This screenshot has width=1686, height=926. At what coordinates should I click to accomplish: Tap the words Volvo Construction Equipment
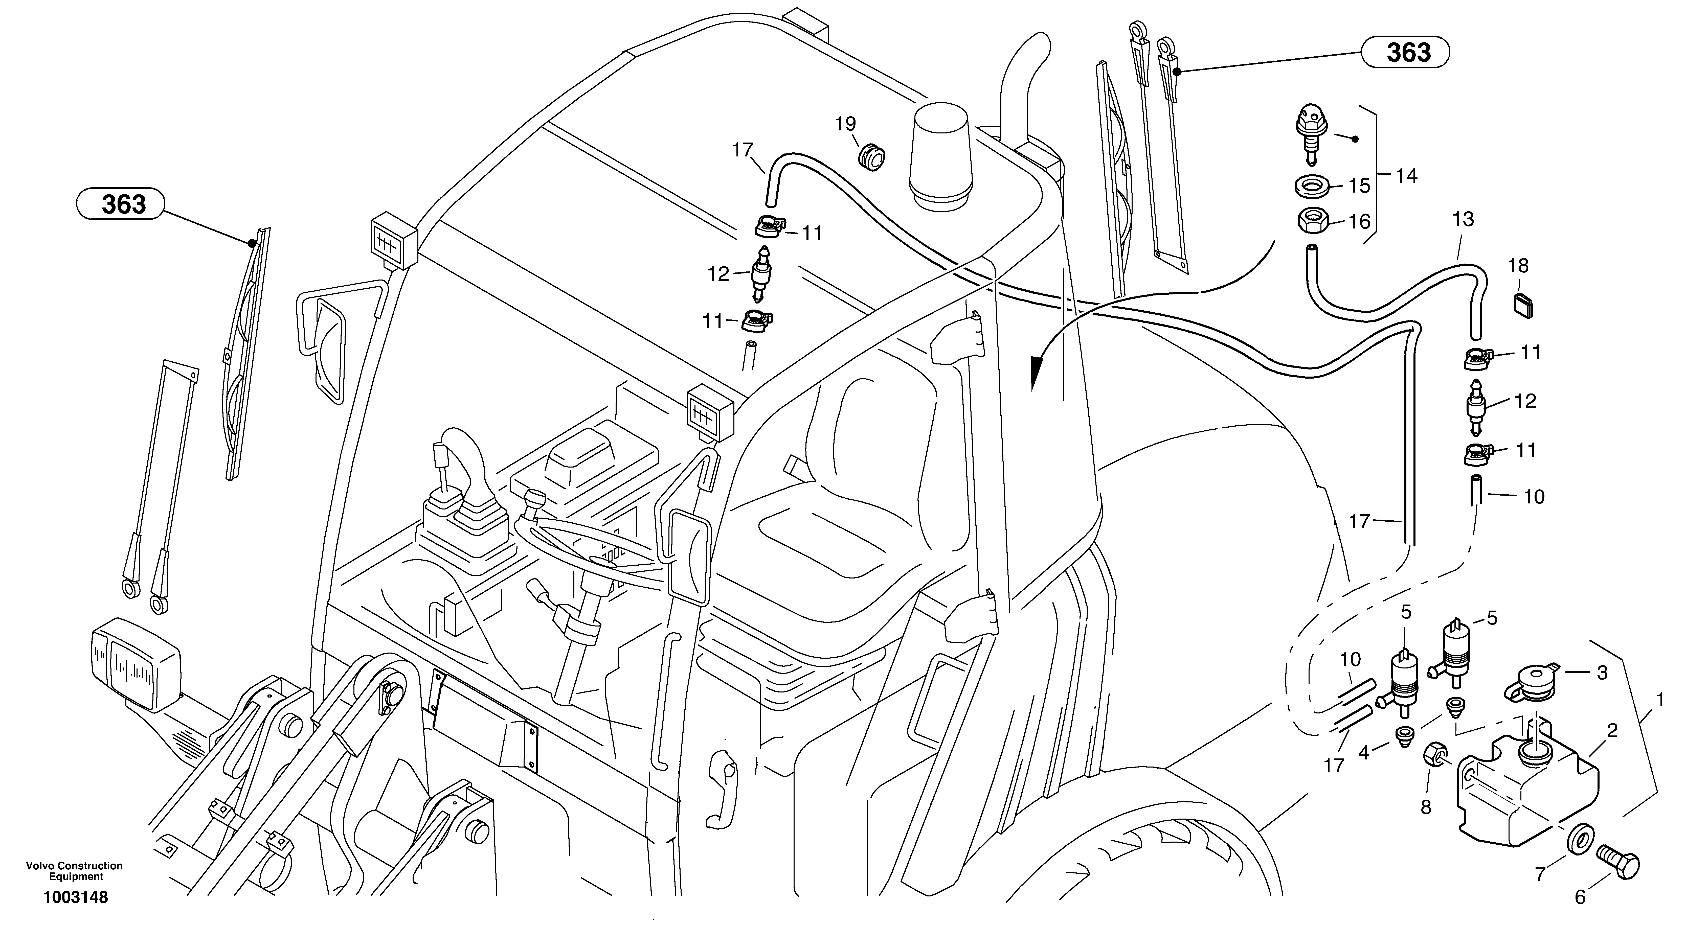coord(75,871)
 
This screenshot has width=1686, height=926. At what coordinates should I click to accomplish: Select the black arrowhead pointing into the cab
coord(1035,371)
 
